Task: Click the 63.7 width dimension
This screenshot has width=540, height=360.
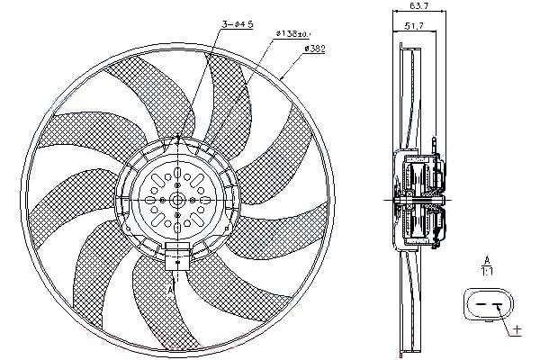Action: tap(416, 6)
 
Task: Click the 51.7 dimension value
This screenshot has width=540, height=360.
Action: tap(415, 28)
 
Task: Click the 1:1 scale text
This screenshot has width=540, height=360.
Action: tap(485, 269)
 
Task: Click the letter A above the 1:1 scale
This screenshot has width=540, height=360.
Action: tap(485, 259)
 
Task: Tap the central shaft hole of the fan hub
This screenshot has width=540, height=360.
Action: tap(178, 199)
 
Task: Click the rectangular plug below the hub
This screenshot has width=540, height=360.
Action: tap(177, 256)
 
